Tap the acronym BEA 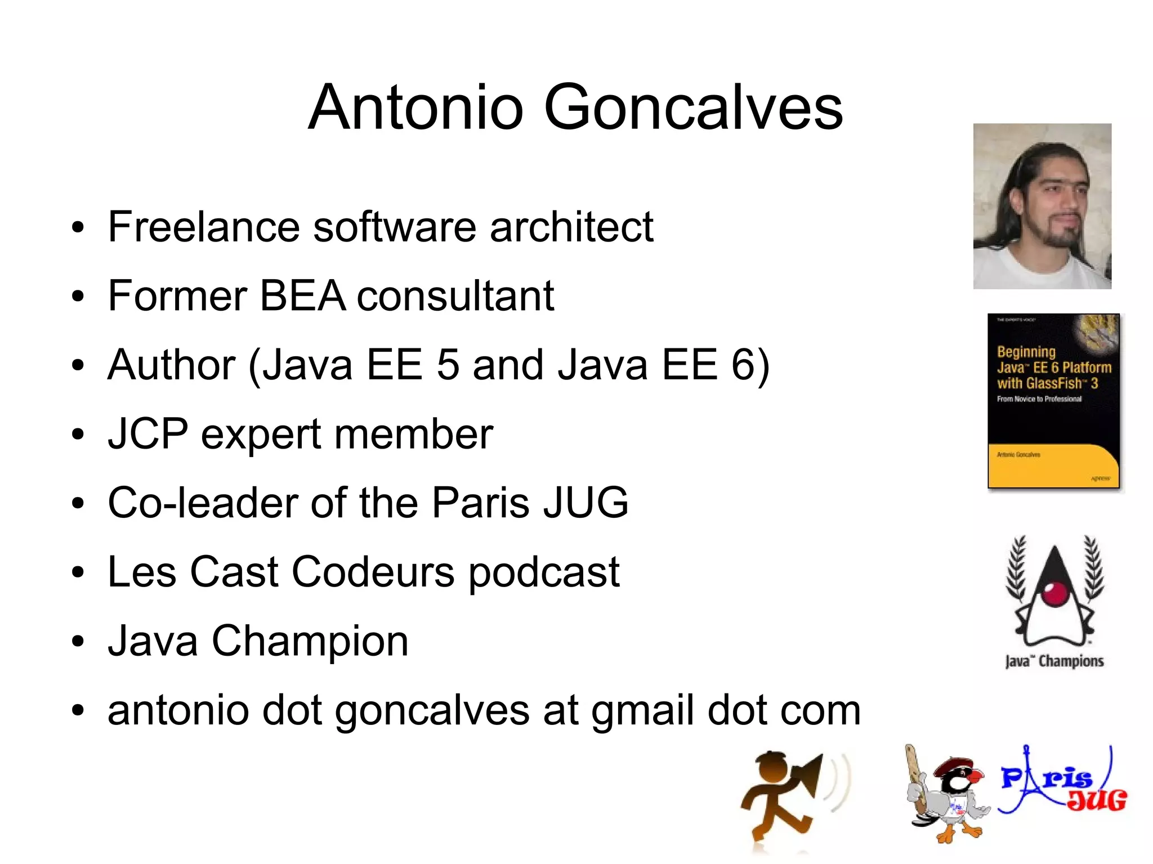click(x=302, y=296)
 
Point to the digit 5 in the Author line click(x=448, y=365)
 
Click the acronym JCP click(x=148, y=434)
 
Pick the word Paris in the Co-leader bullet click(x=481, y=503)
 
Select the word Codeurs click(x=373, y=572)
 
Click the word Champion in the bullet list click(x=310, y=641)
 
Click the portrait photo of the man click(x=1042, y=206)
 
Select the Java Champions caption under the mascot click(x=1054, y=661)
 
